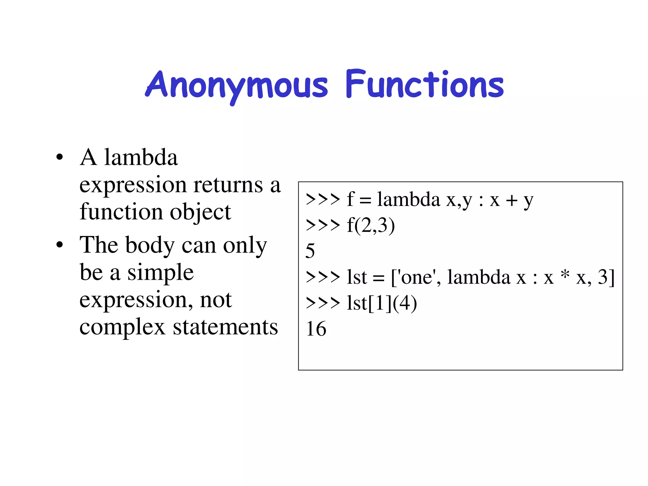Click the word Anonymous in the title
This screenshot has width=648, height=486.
coord(237,85)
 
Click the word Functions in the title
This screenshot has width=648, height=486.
coord(424,84)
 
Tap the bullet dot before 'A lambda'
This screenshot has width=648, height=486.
coord(59,157)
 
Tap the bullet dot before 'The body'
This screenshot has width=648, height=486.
coord(59,245)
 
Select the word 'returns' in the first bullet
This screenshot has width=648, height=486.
coord(228,185)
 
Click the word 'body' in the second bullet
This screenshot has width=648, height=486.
coord(150,246)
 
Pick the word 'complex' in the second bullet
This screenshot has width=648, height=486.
coord(122,327)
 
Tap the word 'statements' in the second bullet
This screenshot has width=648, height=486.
coord(225,327)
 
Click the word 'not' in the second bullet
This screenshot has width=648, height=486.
coord(216,300)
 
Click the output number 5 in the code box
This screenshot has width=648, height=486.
coord(310,251)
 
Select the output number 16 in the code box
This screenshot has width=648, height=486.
coord(316,329)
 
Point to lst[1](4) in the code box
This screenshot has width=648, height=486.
coord(382,303)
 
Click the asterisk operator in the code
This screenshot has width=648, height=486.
coord(565,274)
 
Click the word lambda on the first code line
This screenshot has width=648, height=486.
coord(408,200)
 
